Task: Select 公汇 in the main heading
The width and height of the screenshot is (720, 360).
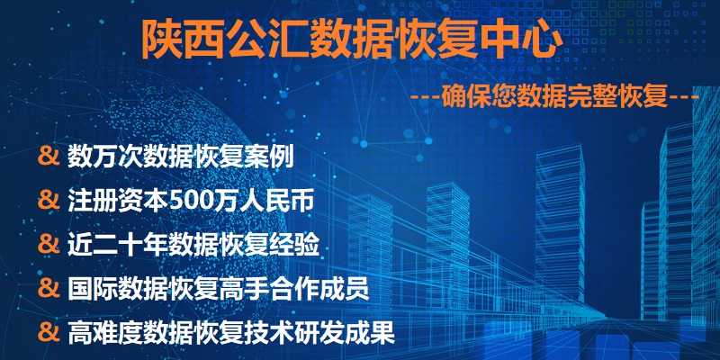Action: [267, 39]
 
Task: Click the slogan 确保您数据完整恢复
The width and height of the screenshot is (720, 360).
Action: [554, 98]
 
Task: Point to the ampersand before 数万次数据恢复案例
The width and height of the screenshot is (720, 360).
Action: [49, 156]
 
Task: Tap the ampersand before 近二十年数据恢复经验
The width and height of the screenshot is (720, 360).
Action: [49, 245]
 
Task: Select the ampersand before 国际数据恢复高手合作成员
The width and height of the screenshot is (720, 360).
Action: [49, 289]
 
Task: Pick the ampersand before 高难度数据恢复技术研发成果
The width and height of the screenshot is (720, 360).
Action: [49, 333]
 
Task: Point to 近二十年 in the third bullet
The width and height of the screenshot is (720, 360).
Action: [117, 245]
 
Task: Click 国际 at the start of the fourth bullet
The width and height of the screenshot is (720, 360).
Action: [93, 289]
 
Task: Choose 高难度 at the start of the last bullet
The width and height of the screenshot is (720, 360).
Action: [104, 334]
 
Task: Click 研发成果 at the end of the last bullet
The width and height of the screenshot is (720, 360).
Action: [345, 334]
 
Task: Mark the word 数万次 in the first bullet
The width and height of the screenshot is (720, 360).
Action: [104, 157]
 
